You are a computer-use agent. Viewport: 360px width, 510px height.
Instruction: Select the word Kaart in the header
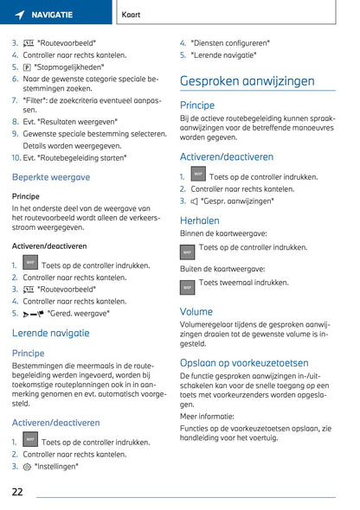pos(132,15)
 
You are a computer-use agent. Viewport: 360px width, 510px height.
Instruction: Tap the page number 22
pos(18,491)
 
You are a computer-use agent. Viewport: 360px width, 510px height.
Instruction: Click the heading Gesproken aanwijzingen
pos(247,81)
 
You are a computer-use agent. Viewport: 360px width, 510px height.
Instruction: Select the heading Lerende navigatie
pos(50,332)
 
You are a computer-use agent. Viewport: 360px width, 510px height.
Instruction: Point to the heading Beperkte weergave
pos(50,176)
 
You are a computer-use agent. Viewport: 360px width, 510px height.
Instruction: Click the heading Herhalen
pos(199,220)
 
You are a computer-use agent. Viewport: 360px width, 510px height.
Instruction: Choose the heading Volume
pos(196,311)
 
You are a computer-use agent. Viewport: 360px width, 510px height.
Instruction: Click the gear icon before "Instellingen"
pos(28,466)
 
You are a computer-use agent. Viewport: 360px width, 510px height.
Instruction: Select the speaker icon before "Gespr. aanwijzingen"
pos(194,201)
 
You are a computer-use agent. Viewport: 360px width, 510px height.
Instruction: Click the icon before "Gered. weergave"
pos(34,314)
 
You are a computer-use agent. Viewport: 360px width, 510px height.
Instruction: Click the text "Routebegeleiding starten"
pos(81,158)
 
